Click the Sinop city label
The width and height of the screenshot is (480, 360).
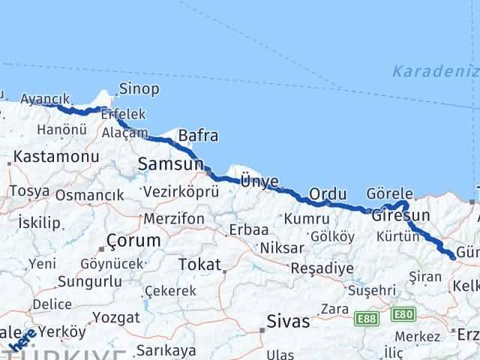[139, 89]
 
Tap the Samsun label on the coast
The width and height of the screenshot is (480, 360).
[170, 164]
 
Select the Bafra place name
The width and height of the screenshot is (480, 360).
[198, 136]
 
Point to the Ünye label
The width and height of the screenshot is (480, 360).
[259, 181]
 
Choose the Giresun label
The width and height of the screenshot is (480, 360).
[400, 216]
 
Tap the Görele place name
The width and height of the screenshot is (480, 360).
[390, 193]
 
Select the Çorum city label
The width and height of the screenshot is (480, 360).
[133, 241]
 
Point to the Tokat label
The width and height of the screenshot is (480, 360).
[199, 265]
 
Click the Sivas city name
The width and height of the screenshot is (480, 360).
[289, 322]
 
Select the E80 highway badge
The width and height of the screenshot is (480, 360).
[403, 314]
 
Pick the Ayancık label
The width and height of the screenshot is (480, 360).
[45, 99]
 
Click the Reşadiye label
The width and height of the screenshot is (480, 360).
[322, 268]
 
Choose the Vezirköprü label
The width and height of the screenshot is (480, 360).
[180, 192]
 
